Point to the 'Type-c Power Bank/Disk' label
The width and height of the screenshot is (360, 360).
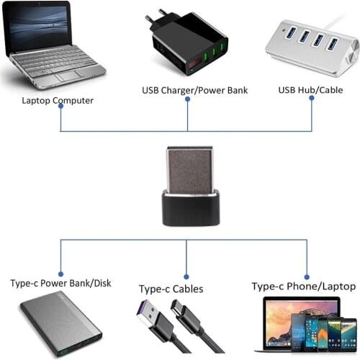click(60, 283)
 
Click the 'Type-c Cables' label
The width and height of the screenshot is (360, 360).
click(171, 289)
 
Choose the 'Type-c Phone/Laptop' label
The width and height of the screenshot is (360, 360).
click(303, 286)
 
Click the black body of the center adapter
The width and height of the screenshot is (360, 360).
click(186, 210)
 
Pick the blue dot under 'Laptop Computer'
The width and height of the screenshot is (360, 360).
click(60, 105)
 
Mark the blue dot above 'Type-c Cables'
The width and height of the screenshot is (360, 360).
click(186, 275)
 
